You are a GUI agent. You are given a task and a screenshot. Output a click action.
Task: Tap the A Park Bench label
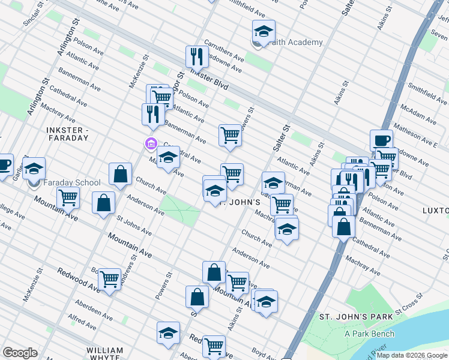pos(369,334)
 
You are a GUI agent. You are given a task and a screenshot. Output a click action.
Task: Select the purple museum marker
pos(150,144)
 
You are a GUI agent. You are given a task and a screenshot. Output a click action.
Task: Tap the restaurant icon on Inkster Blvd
pos(196,57)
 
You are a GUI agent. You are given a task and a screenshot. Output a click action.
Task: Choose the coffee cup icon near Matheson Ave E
pos(381,140)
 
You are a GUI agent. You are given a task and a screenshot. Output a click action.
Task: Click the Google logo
pos(20,353)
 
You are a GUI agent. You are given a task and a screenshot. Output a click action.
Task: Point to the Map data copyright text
pos(412,355)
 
